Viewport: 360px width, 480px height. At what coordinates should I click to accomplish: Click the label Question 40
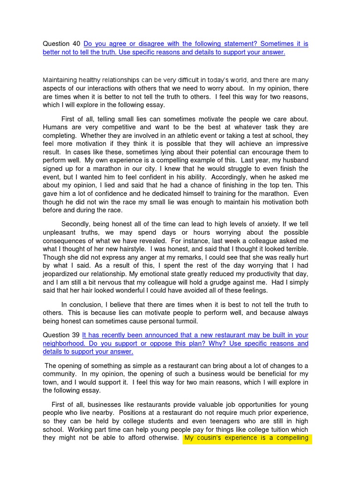tap(61, 44)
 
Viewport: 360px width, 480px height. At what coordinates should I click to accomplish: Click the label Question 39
tap(61, 335)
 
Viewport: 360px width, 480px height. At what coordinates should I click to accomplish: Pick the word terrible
tap(292, 248)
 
